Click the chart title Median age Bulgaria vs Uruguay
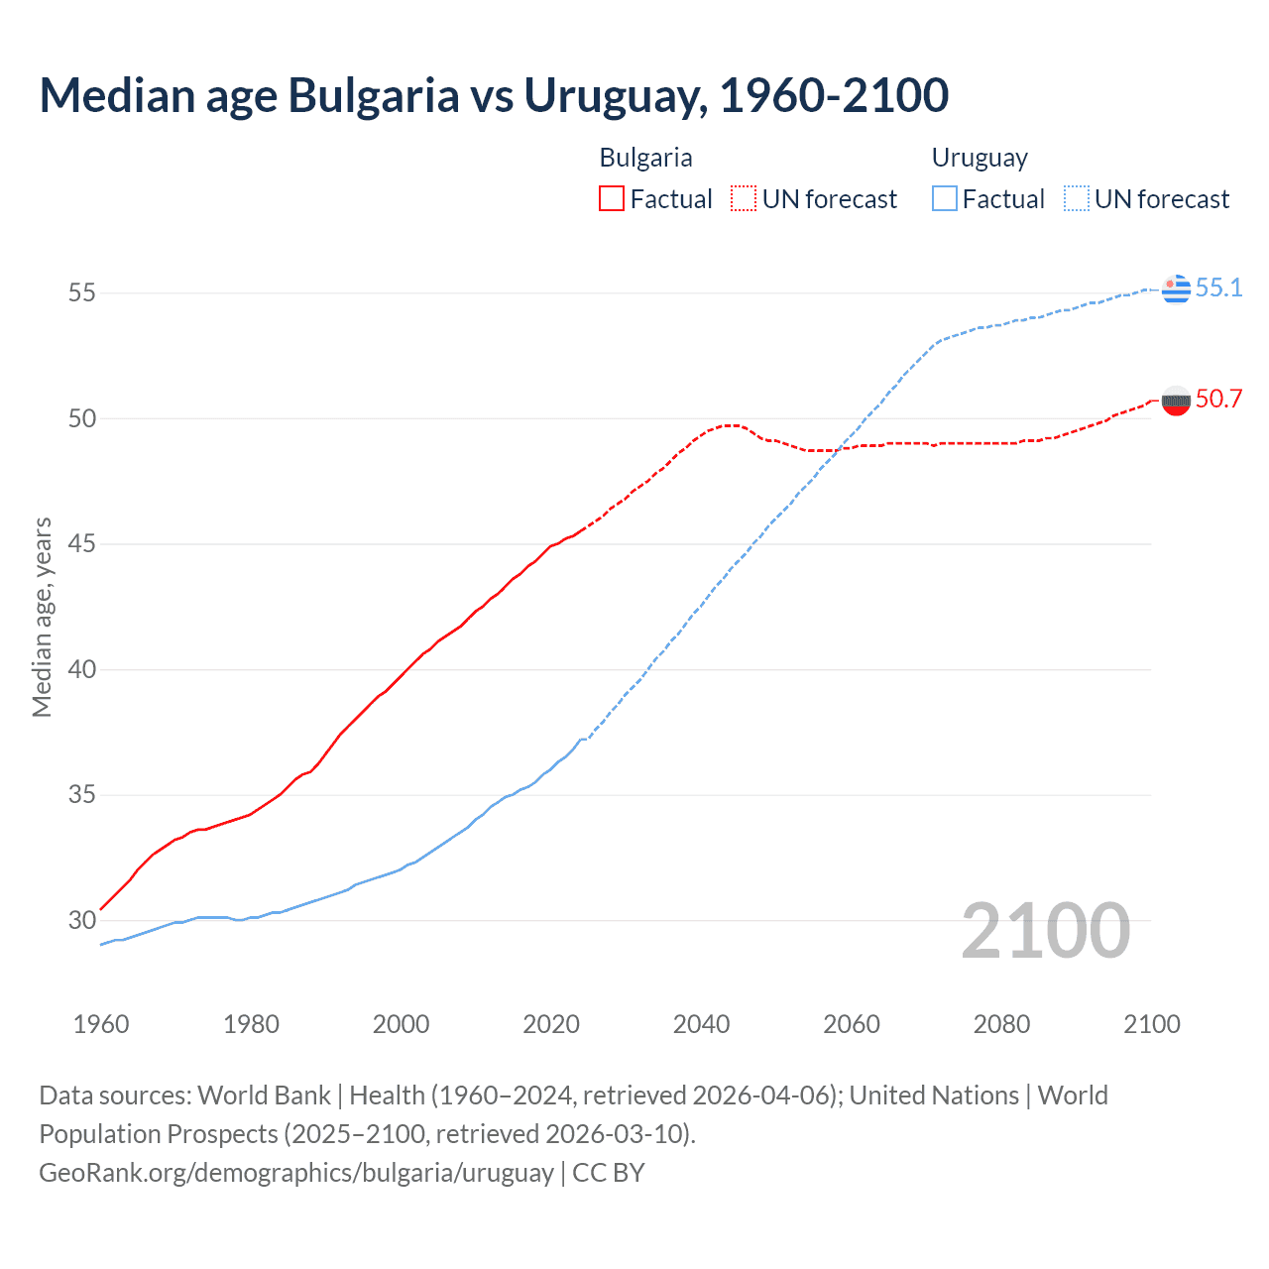(494, 96)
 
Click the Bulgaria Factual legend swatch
(612, 199)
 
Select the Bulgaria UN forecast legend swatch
(744, 199)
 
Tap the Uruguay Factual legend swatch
(945, 199)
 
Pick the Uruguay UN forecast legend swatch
(1077, 199)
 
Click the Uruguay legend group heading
(980, 158)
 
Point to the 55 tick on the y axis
(81, 293)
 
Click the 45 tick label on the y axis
(81, 544)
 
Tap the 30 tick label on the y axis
(81, 920)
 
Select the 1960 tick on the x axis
(101, 1024)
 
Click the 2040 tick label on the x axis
(701, 1024)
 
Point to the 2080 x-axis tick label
(1001, 1024)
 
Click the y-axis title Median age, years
(42, 617)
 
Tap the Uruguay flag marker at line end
(1176, 288)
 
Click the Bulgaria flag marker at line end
(1176, 401)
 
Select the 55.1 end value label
(1218, 288)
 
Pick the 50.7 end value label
(1218, 400)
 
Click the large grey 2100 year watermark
(1045, 931)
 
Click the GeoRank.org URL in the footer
(296, 1173)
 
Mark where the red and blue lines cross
(838, 449)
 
